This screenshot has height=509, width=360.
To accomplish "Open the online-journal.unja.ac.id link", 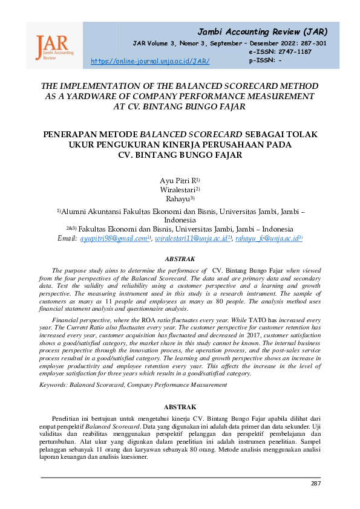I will [x=149, y=61].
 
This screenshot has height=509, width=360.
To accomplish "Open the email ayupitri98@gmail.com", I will [x=114, y=239].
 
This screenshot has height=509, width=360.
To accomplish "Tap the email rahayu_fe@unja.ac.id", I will [x=267, y=239].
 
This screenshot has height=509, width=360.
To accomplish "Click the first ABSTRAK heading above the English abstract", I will [x=180, y=259].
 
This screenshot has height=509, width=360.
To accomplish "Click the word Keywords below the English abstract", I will [x=53, y=384].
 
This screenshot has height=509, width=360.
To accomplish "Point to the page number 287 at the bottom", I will [x=315, y=483].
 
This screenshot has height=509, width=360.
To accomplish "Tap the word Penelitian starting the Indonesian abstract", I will [x=70, y=418].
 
